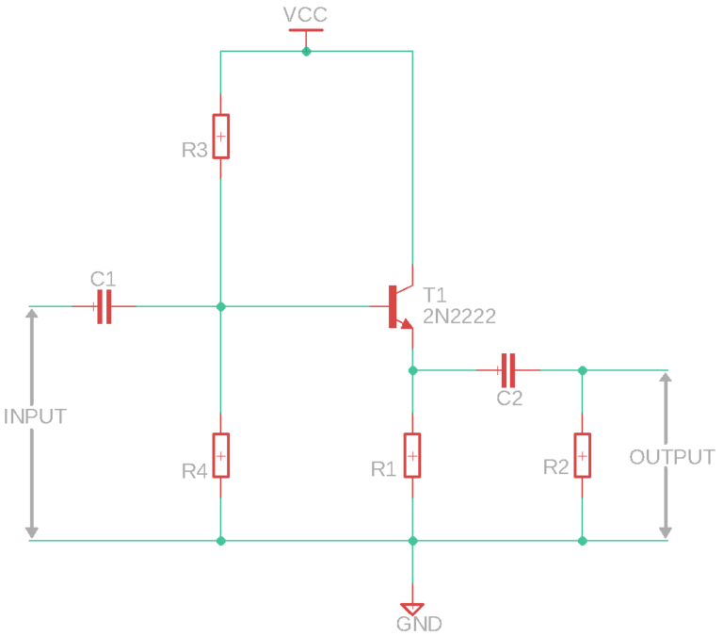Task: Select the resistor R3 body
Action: tap(220, 137)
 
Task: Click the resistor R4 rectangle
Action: tap(220, 456)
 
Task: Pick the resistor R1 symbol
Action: tap(412, 456)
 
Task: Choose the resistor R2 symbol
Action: tap(583, 456)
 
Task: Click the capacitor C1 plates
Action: tap(104, 306)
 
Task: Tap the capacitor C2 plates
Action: tap(508, 369)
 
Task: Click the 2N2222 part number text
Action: tap(459, 316)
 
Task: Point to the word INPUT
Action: tap(35, 416)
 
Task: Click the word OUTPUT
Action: tap(672, 457)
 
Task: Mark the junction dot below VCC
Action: tap(305, 51)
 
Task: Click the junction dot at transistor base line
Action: tap(220, 306)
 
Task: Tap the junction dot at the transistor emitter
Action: tap(412, 369)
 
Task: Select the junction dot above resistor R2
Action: tap(583, 369)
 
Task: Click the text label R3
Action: tap(194, 150)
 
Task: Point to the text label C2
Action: tap(509, 399)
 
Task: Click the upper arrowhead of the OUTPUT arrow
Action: tap(666, 380)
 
